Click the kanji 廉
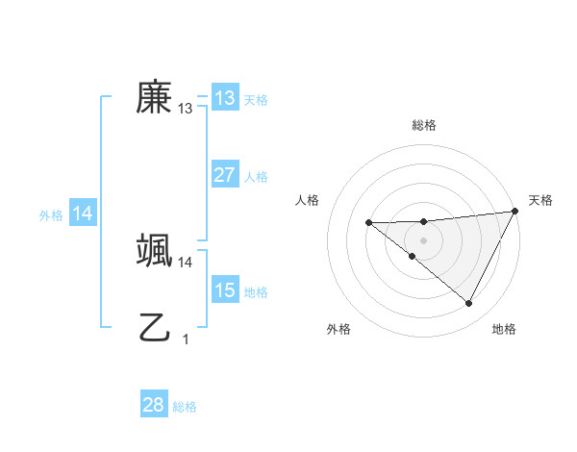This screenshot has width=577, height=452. tap(154, 96)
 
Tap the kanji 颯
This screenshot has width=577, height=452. tap(154, 251)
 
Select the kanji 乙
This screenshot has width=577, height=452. tap(154, 328)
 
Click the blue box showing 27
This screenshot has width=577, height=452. tap(224, 175)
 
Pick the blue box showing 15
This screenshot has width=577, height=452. tap(224, 290)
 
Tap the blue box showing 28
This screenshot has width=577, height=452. tap(153, 405)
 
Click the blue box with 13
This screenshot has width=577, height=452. tap(224, 98)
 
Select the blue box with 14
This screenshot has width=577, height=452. tap(83, 214)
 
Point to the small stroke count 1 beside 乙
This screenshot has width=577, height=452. tap(186, 339)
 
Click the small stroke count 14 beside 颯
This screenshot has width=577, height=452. tap(186, 263)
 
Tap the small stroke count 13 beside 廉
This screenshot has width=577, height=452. tap(186, 109)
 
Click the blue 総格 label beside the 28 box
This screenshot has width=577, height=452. tap(185, 407)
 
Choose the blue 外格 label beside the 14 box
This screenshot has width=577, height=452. tap(51, 215)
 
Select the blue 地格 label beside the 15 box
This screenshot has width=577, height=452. tap(256, 292)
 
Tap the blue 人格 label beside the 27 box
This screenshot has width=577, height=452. tap(256, 177)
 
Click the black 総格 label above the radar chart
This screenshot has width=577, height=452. tap(423, 125)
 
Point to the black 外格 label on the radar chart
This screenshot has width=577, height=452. tap(339, 330)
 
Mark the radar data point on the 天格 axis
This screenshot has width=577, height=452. tap(515, 212)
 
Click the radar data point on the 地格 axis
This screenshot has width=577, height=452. tap(469, 304)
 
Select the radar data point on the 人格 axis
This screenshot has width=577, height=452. tap(368, 223)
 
